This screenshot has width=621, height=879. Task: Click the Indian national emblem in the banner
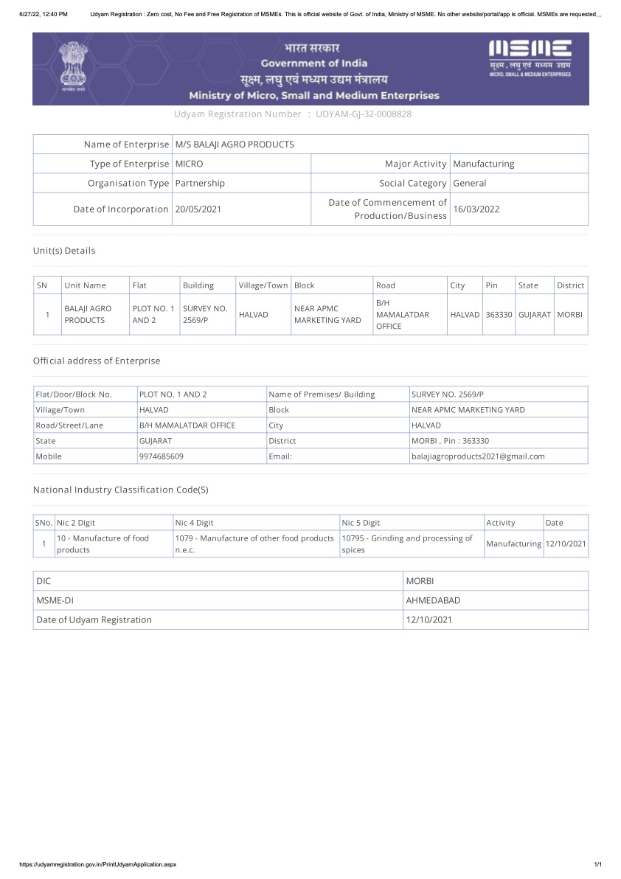click(73, 66)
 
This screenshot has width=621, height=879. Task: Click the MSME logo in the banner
click(530, 59)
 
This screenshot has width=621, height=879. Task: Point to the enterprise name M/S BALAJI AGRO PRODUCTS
click(235, 145)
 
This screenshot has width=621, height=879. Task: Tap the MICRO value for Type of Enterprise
click(189, 164)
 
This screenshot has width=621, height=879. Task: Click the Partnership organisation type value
click(200, 183)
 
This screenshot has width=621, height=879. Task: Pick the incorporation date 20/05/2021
click(198, 209)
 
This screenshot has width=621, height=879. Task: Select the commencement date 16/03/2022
click(476, 209)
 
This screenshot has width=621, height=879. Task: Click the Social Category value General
click(470, 183)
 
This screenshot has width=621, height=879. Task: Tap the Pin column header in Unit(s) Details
click(492, 285)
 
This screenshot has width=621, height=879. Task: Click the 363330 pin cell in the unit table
click(499, 314)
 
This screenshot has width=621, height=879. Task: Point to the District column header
click(570, 285)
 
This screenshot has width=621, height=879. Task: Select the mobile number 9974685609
click(162, 456)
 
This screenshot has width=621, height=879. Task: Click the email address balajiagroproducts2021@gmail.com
click(478, 456)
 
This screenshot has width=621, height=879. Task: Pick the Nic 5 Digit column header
click(361, 523)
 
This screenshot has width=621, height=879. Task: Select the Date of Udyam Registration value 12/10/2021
click(429, 620)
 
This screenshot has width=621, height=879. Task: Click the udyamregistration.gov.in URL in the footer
click(97, 864)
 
